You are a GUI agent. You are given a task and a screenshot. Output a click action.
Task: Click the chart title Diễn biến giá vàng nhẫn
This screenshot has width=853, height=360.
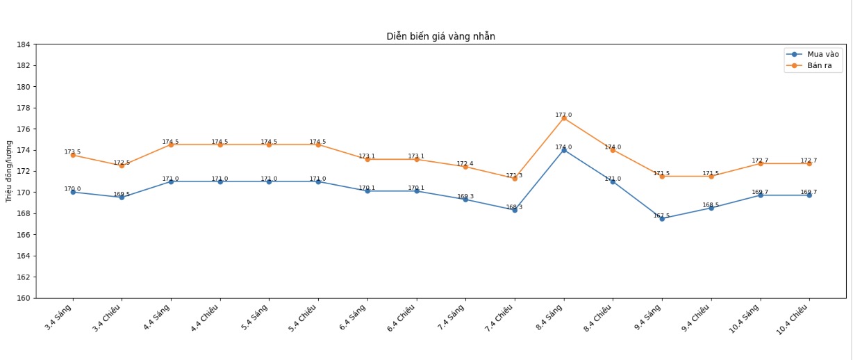point(440,36)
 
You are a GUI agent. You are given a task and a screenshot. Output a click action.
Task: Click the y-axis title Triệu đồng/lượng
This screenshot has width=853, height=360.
point(9,171)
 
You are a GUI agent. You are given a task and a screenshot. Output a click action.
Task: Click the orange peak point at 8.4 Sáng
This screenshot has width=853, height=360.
point(564,118)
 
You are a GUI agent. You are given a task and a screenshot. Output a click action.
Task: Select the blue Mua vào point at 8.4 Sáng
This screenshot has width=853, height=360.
point(564,150)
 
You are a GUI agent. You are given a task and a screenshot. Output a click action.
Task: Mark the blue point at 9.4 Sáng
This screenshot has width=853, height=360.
point(662,218)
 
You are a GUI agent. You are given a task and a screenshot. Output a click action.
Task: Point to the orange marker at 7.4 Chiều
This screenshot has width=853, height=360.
point(515,179)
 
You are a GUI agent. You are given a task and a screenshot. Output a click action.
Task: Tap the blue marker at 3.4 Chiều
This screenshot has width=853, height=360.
point(122,197)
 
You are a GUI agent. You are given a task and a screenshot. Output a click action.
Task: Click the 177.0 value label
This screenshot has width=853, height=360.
point(563,115)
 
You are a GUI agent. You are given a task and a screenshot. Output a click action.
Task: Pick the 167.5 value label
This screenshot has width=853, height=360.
point(661,215)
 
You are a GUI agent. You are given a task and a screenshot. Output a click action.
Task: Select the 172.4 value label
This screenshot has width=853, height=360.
point(465,164)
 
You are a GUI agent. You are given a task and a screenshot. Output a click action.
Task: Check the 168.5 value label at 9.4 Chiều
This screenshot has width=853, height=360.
point(711,205)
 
